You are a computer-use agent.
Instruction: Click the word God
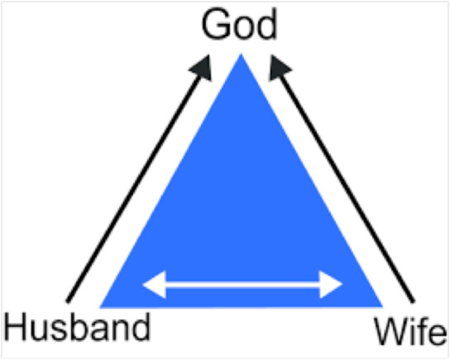tap(239, 24)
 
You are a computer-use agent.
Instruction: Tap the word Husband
tap(77, 327)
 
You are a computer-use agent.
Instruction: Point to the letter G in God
tap(216, 24)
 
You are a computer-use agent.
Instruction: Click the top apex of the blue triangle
tap(241, 54)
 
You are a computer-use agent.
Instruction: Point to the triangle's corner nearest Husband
tap(100, 308)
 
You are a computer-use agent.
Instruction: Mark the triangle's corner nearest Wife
tap(382, 306)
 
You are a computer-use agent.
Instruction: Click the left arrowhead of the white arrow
tap(155, 284)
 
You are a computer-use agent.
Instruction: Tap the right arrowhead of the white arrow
tap(331, 284)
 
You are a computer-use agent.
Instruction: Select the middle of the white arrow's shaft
tap(243, 285)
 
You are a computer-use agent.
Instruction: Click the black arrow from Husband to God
tap(139, 178)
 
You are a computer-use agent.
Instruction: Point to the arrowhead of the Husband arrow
tap(203, 68)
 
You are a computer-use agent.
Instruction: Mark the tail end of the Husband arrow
tap(68, 301)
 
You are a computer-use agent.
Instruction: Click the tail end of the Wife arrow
tap(414, 301)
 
